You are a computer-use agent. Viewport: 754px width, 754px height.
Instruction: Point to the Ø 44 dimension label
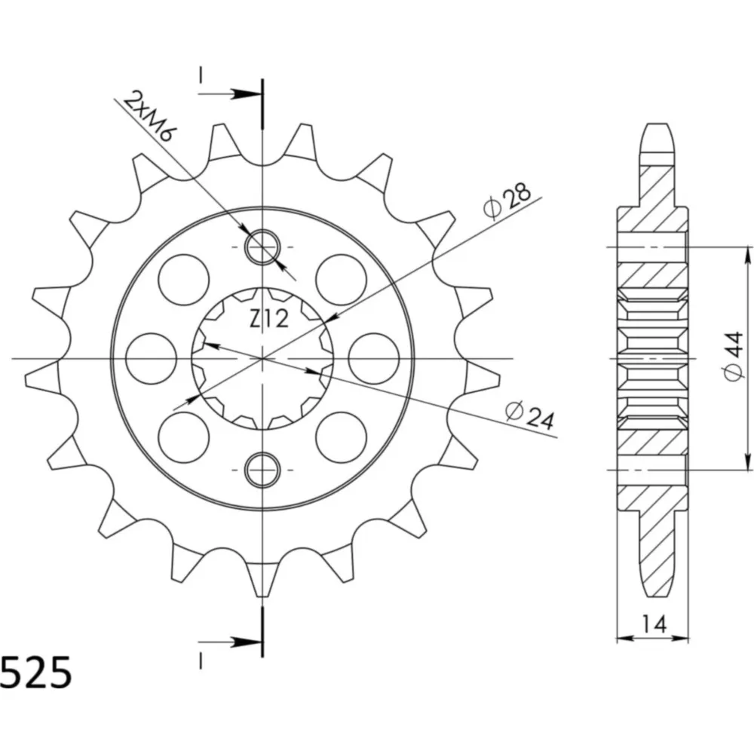pyautogui.click(x=734, y=357)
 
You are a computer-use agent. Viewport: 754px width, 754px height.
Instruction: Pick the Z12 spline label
pyautogui.click(x=269, y=318)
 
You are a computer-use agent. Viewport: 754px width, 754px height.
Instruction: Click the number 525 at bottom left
pyautogui.click(x=36, y=673)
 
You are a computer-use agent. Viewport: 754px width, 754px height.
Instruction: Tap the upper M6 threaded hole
pyautogui.click(x=262, y=247)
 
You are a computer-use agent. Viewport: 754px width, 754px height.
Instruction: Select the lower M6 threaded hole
pyautogui.click(x=262, y=469)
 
